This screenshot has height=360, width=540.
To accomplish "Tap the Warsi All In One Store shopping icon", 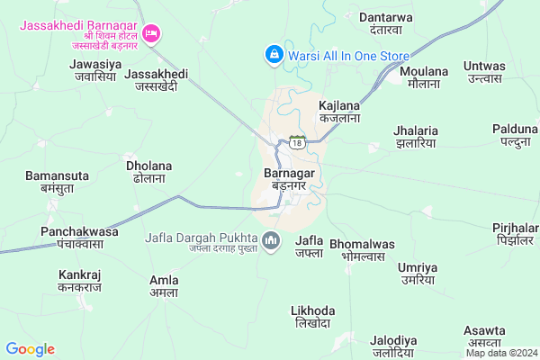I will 272,56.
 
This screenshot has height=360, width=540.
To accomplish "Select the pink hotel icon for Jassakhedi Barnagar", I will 153,33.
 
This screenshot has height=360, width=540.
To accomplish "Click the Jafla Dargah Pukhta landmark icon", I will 272,240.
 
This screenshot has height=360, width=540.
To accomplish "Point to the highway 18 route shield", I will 297,141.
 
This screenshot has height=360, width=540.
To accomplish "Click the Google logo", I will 30,349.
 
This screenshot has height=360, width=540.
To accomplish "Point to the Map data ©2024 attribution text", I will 501,353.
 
